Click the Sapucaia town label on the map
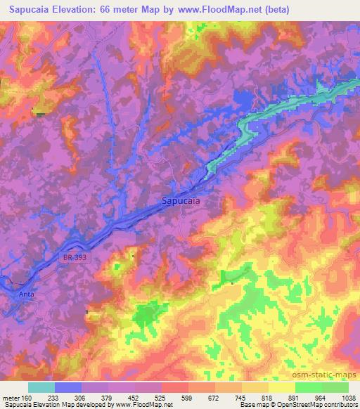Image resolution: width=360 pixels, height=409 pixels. (x=181, y=200)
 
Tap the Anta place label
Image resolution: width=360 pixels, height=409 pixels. (x=26, y=294)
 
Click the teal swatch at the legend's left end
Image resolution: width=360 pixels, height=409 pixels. (x=41, y=387)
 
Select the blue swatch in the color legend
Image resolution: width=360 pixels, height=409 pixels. (x=68, y=387)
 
